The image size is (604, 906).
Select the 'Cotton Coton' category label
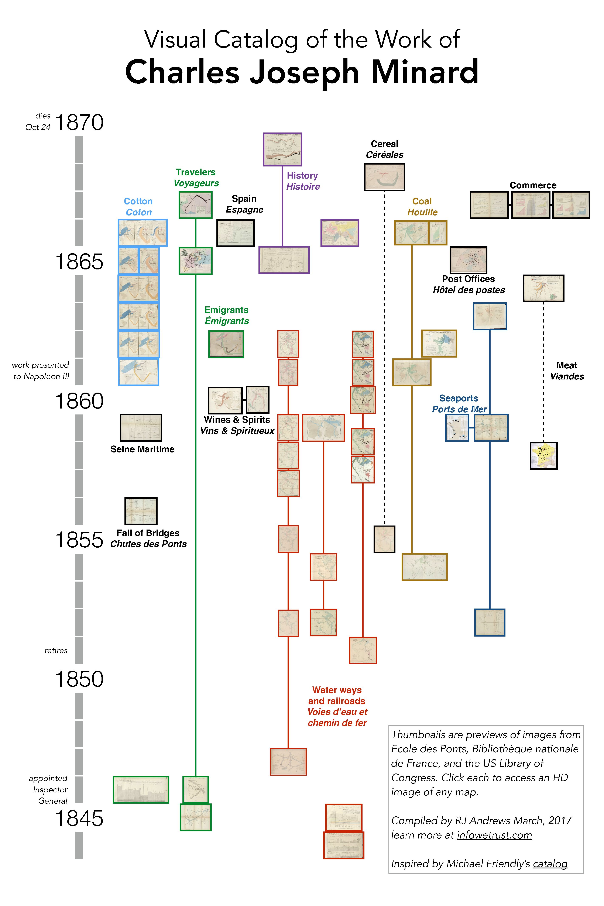pos(138,207)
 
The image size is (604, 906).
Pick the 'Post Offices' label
pos(469,279)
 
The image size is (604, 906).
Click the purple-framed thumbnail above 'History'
pos(282,149)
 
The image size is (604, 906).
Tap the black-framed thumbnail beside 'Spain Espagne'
pos(235,233)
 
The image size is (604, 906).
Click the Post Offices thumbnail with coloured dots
pos(469,260)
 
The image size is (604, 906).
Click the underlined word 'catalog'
pos(550,864)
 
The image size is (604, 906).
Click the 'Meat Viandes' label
pos(567,371)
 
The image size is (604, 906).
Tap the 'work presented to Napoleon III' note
pos(40,371)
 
